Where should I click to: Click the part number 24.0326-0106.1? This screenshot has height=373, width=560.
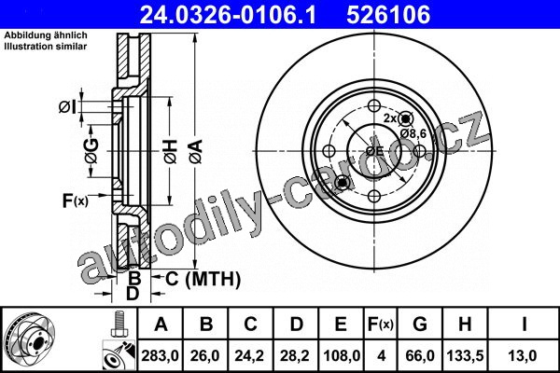pyautogui.click(x=228, y=15)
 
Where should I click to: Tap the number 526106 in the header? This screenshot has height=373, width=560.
pyautogui.click(x=388, y=15)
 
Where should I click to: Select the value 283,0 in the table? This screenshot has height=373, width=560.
pyautogui.click(x=160, y=356)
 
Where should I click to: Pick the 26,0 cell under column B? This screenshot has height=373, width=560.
pyautogui.click(x=205, y=356)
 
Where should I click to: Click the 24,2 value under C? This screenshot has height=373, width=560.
pyautogui.click(x=250, y=356)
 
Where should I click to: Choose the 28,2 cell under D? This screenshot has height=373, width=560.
pyautogui.click(x=296, y=356)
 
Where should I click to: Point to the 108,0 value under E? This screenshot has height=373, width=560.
pyautogui.click(x=342, y=356)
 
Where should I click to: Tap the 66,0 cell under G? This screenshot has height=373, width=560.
pyautogui.click(x=420, y=356)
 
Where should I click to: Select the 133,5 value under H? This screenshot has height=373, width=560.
pyautogui.click(x=465, y=356)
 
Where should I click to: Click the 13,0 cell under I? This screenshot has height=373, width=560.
pyautogui.click(x=524, y=356)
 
